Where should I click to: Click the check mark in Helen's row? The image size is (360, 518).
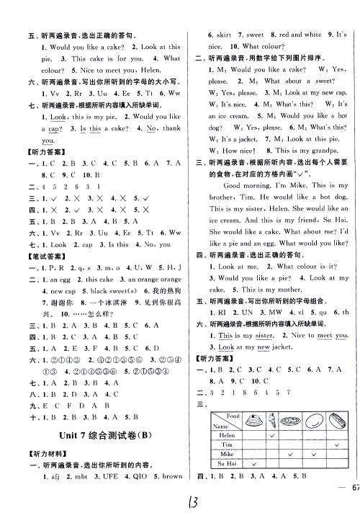click(x=272, y=434)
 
